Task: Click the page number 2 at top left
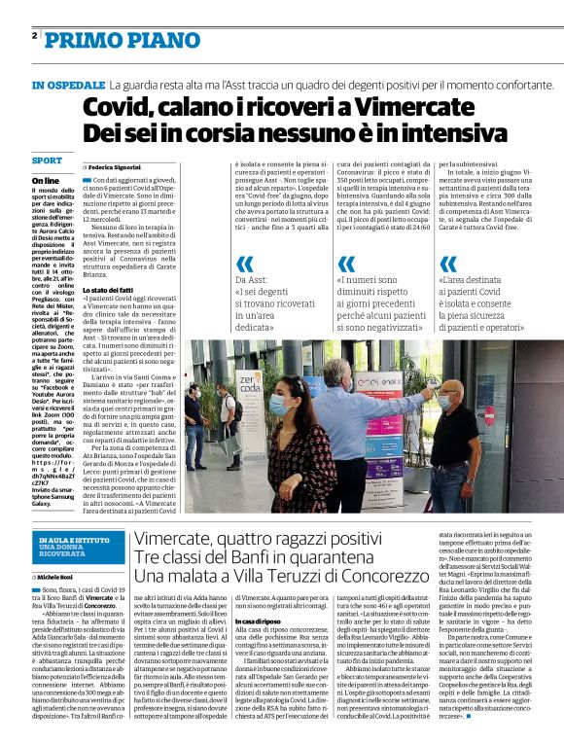35,36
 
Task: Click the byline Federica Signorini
116,167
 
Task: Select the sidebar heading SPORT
46,160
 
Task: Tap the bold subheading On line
45,181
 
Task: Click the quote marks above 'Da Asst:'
245,263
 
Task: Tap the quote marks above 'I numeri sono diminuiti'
346,263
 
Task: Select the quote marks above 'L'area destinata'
448,263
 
